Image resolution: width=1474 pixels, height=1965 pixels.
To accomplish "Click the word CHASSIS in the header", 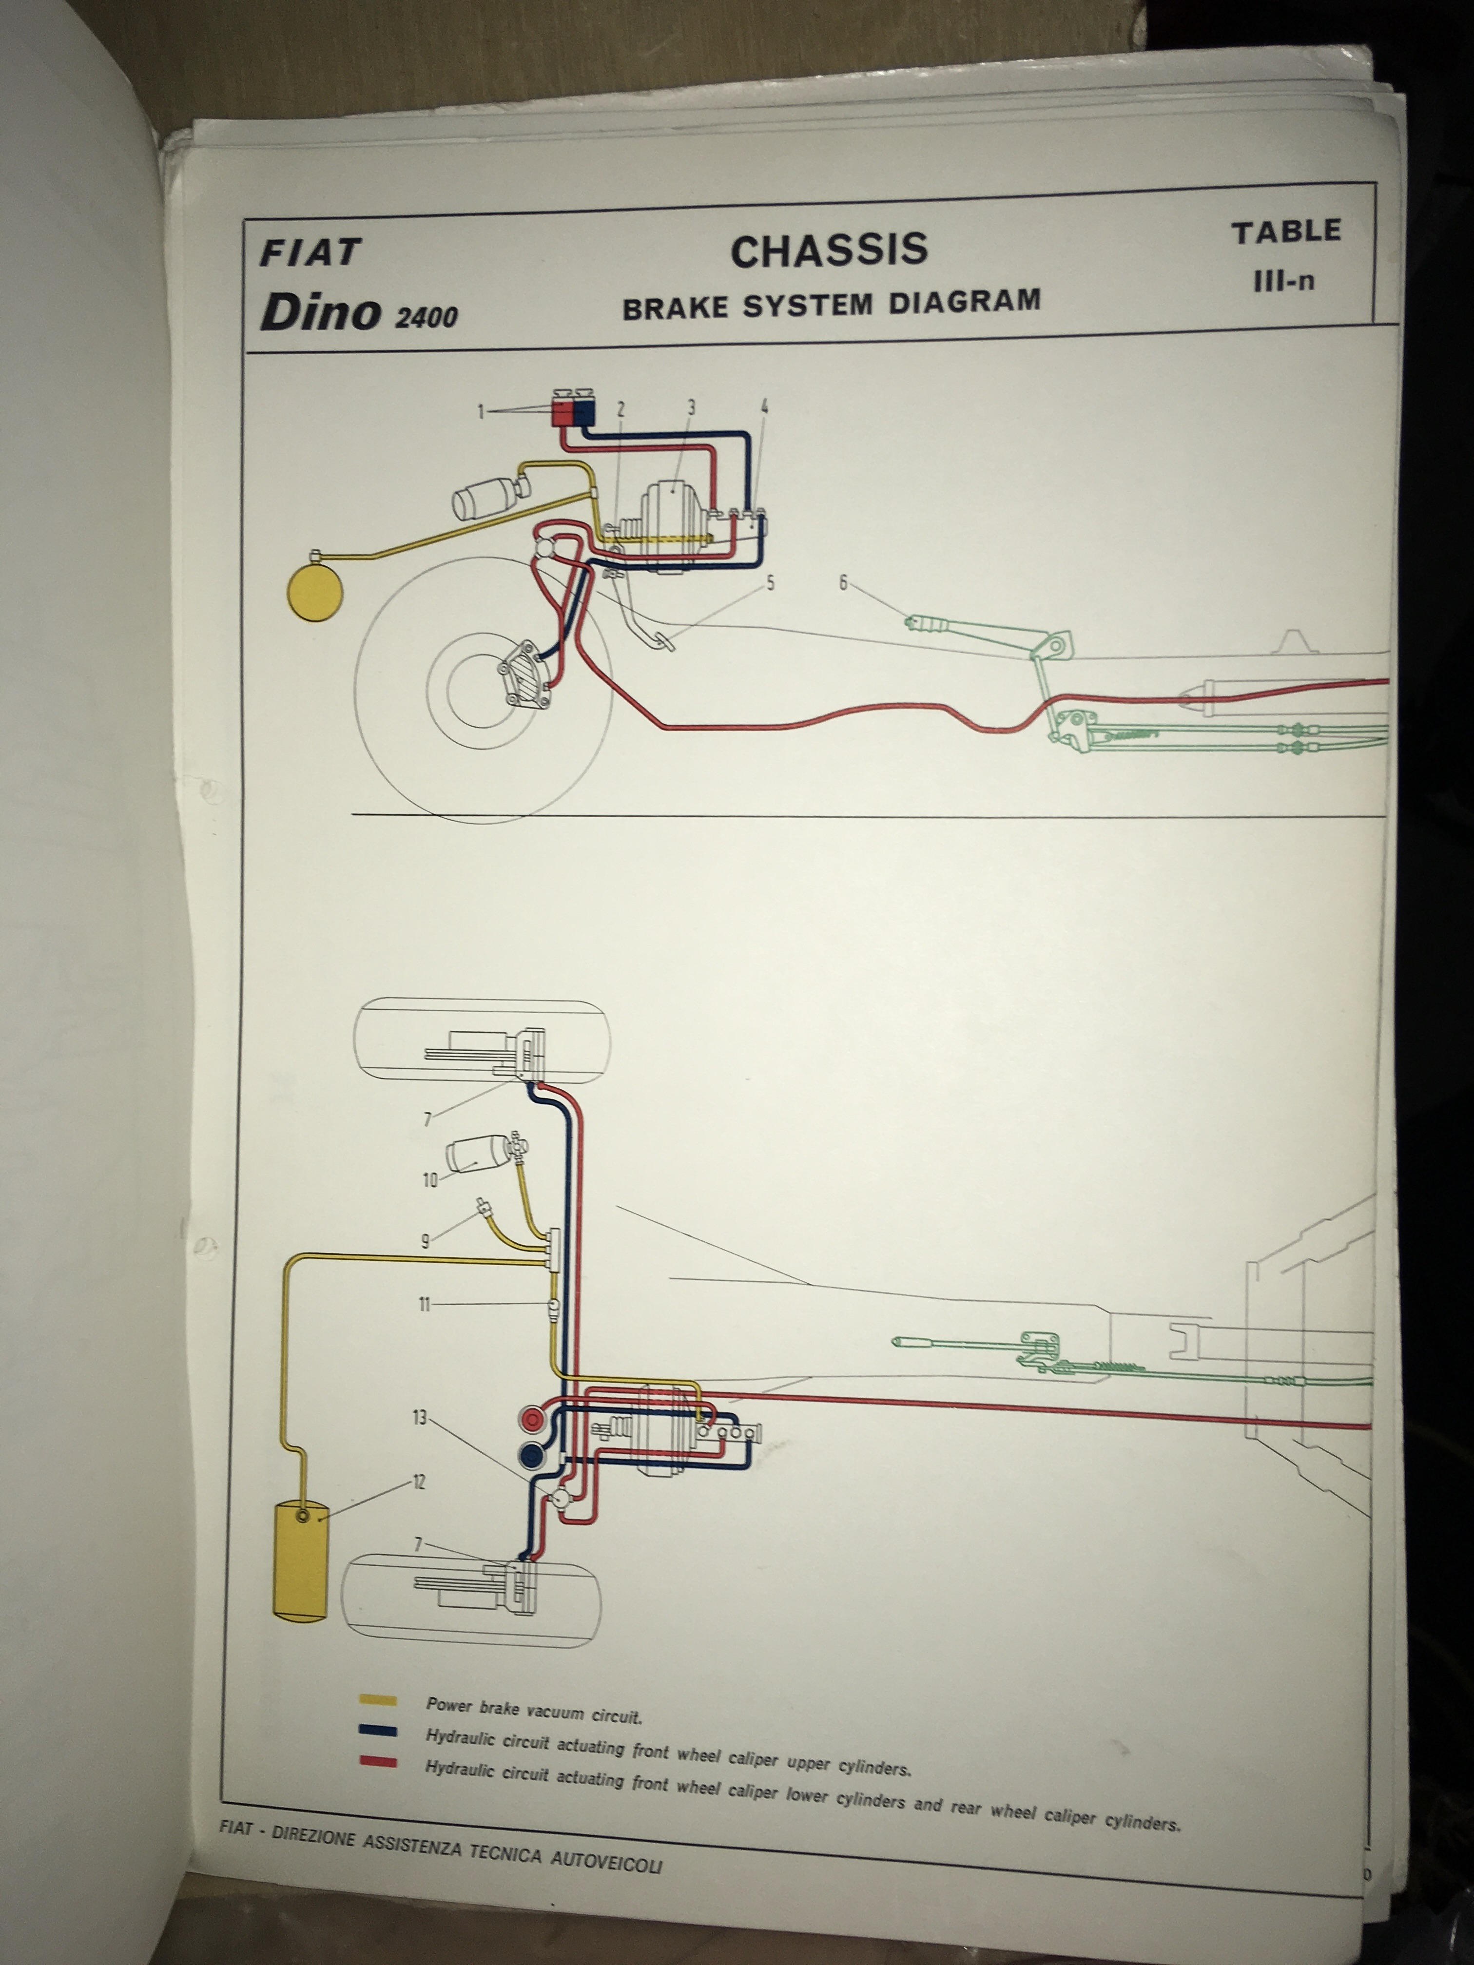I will click(x=829, y=250).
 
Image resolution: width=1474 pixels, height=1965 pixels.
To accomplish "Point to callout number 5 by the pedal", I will click(x=770, y=583).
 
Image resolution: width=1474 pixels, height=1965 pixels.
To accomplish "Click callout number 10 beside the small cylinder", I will click(x=430, y=1180).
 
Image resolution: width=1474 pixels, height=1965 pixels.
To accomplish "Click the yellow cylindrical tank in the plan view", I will click(x=298, y=1557).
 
